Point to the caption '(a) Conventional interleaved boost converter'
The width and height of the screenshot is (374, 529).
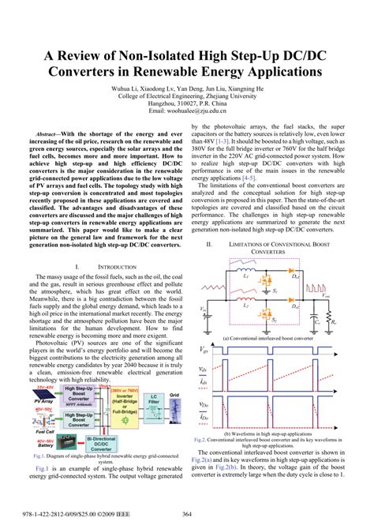[x=268, y=338]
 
